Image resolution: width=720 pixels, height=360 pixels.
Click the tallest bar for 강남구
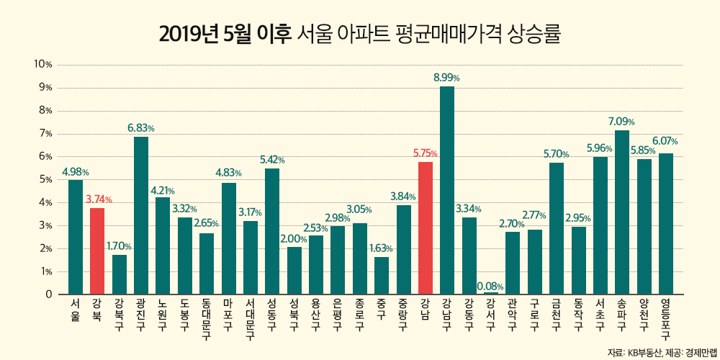447,191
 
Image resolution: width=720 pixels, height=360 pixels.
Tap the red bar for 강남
425,228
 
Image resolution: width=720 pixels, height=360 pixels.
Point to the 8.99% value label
446,77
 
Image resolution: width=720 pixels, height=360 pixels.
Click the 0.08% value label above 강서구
490,287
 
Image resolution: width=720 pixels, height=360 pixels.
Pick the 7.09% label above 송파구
622,121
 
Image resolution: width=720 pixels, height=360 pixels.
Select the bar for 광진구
141,215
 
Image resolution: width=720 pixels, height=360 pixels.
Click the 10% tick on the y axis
44,65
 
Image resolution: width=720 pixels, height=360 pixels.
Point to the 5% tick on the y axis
46,180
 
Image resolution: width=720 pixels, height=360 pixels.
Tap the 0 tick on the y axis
49,294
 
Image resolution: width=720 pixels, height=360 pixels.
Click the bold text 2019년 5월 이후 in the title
225,33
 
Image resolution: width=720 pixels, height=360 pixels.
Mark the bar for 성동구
272,231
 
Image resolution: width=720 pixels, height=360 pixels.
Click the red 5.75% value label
425,153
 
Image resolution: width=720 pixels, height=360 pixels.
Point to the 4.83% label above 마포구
228,174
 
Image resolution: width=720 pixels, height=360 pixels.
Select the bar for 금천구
557,228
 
